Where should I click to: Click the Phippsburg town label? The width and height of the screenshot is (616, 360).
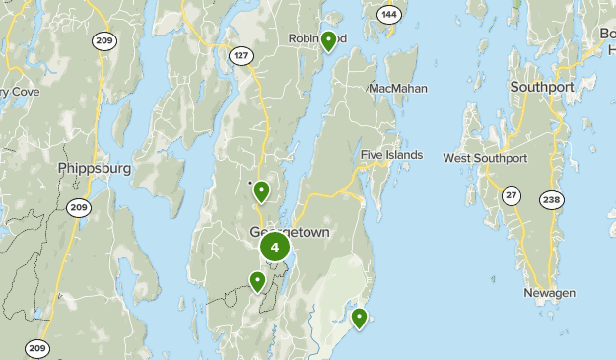tap(94, 168)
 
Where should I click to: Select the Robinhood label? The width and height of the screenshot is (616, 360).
tap(316, 38)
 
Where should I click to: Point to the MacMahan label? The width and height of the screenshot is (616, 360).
tap(399, 88)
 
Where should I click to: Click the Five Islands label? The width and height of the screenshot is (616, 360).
tap(391, 155)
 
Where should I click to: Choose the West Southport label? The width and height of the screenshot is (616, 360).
tap(485, 158)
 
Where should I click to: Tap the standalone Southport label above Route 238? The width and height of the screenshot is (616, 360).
tap(541, 87)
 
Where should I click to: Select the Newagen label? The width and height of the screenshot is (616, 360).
tap(549, 293)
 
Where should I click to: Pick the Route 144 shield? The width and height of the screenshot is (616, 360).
tap(389, 14)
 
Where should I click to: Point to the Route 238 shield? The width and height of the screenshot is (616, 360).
tap(552, 200)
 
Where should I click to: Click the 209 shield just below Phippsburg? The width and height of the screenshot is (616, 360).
tap(79, 207)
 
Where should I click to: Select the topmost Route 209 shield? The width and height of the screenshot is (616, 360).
tap(103, 40)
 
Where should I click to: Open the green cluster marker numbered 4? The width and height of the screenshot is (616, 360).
tap(275, 248)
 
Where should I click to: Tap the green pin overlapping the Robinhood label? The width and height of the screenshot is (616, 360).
tap(329, 40)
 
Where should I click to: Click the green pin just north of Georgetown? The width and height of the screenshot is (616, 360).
tap(262, 191)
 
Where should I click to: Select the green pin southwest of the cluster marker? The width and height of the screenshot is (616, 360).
tap(257, 281)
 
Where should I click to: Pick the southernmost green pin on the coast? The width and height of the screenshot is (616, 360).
tap(359, 317)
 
